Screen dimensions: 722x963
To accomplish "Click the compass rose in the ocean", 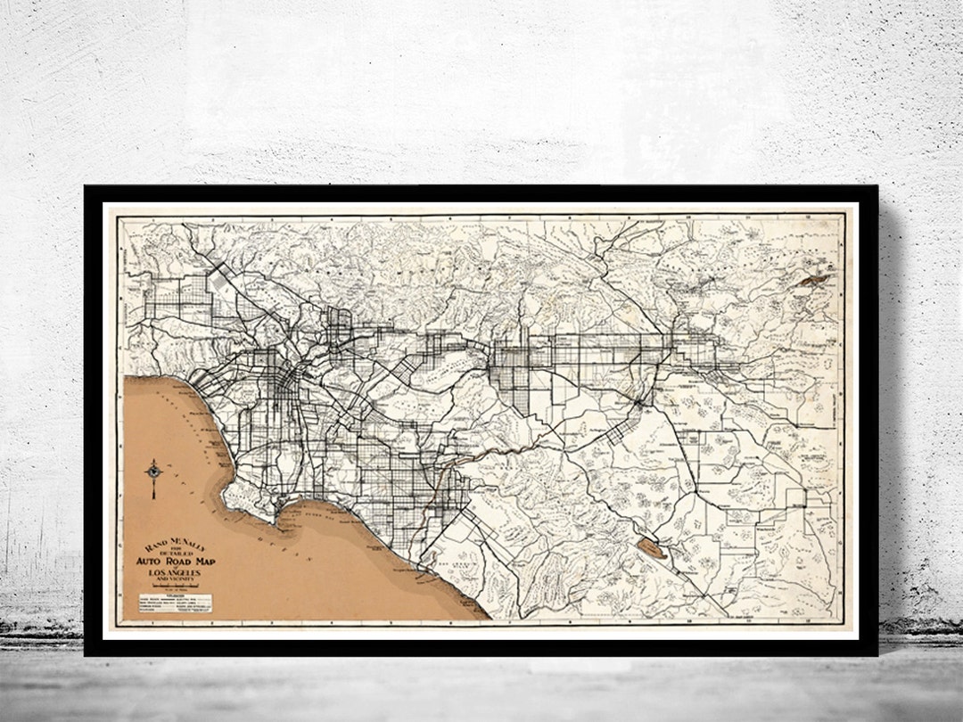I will [154, 472].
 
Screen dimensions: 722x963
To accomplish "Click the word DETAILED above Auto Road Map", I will [175, 553].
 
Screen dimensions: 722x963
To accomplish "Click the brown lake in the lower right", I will [652, 548].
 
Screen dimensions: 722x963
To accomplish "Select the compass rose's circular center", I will [154, 469].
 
